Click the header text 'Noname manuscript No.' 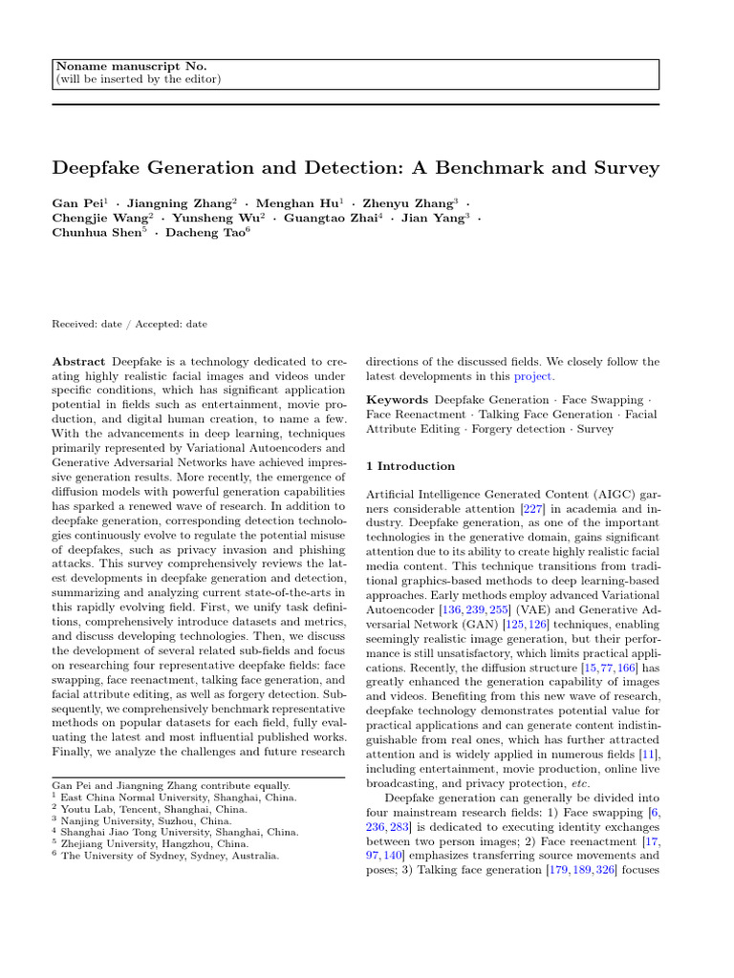tap(130, 66)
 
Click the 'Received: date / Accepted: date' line tap(129, 324)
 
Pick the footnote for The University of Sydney tap(170, 857)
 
